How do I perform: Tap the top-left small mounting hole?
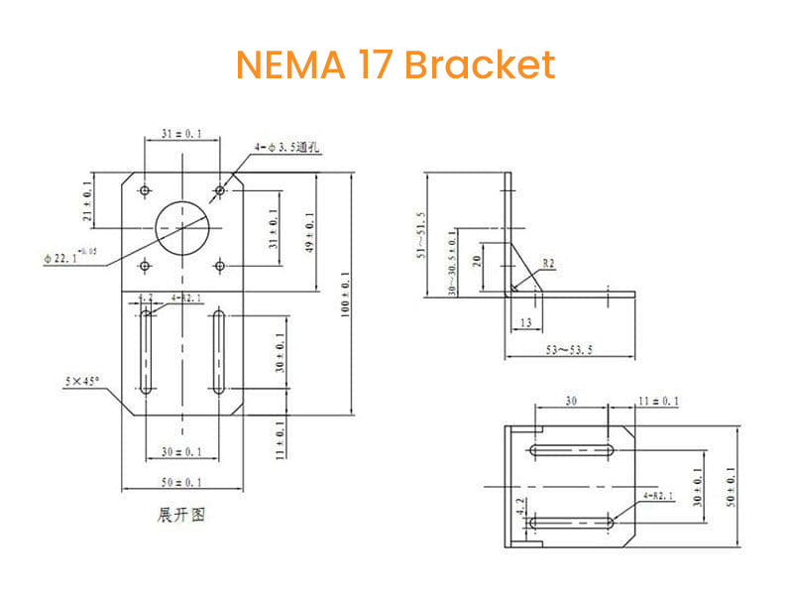pos(146,189)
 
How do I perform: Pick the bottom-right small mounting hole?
pos(219,266)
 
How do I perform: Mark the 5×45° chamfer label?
pos(83,381)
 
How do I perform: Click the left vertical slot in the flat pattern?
pos(146,351)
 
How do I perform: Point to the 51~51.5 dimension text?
pos(419,234)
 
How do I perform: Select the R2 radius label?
pos(548,265)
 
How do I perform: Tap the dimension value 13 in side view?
pos(523,322)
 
